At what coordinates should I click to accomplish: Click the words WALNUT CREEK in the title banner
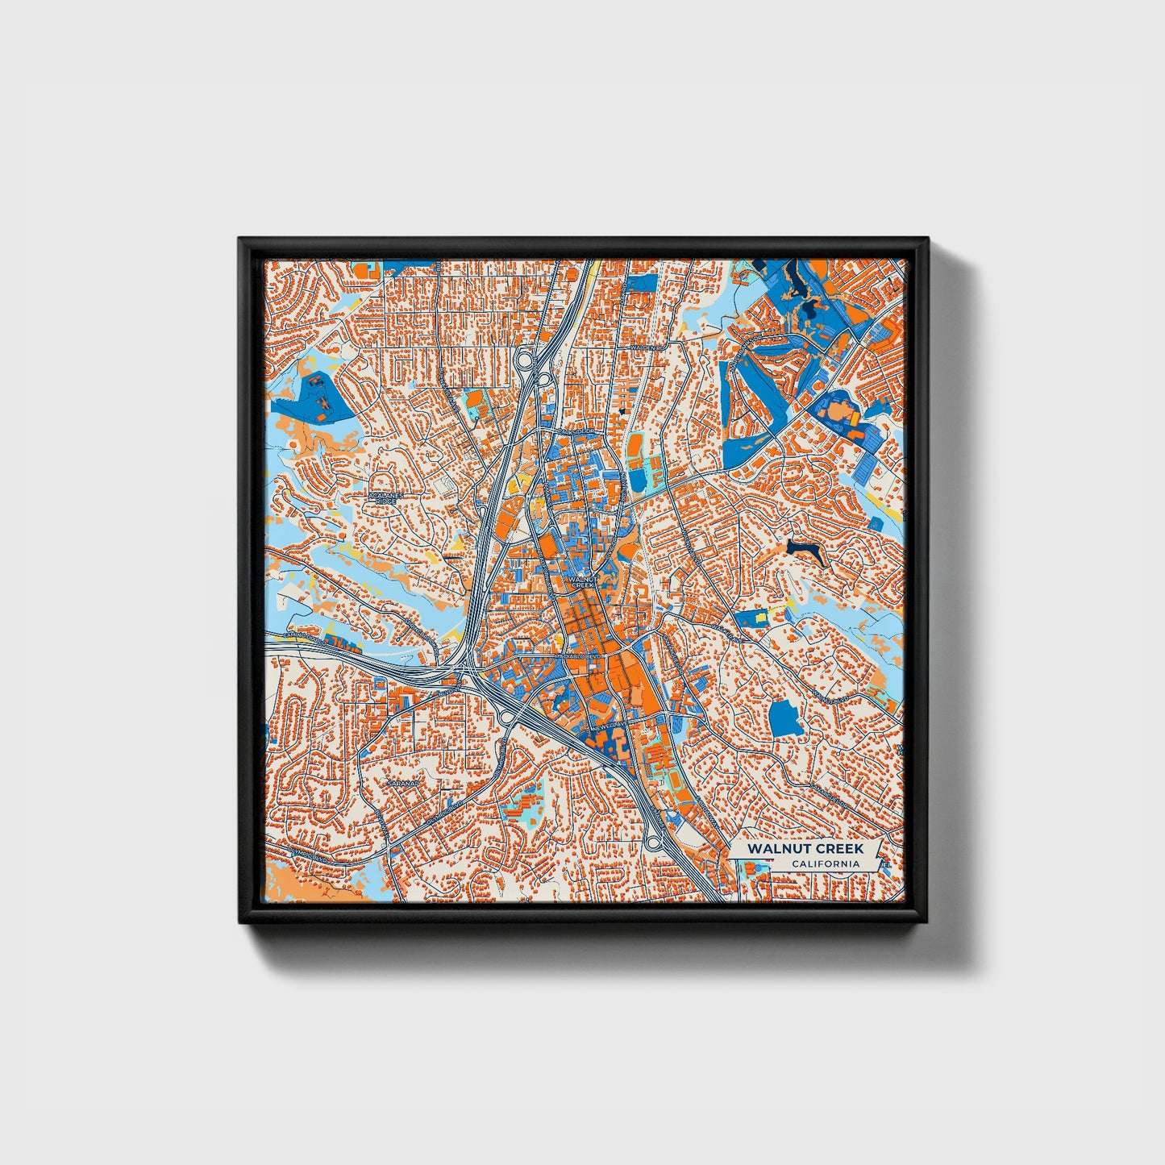coord(805,849)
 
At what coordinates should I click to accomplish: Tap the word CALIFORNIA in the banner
coord(825,864)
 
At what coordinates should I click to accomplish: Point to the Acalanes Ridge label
coord(385,497)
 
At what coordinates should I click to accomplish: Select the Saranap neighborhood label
coord(400,783)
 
